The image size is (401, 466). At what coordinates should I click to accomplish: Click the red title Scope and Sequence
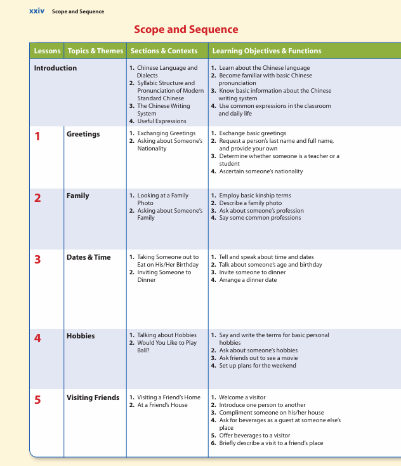(x=186, y=29)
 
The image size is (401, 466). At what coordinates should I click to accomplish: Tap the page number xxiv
(x=37, y=11)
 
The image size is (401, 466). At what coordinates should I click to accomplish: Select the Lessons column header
(x=47, y=51)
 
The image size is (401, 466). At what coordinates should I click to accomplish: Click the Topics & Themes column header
(x=95, y=51)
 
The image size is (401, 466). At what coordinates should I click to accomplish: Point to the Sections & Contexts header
(x=164, y=51)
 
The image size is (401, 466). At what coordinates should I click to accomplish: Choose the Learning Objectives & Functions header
(x=266, y=51)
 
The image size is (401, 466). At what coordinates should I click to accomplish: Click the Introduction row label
(x=55, y=68)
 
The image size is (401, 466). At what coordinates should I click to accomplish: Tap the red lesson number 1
(x=37, y=135)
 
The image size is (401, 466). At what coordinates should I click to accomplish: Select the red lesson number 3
(x=37, y=259)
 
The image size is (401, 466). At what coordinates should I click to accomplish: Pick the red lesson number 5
(x=37, y=399)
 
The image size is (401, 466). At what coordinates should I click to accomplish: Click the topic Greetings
(x=83, y=134)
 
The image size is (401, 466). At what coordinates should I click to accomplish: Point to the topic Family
(x=77, y=196)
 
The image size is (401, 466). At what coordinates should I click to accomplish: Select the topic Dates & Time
(x=88, y=257)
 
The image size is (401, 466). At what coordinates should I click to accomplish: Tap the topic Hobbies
(x=81, y=335)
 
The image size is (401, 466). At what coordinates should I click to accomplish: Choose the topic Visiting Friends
(x=93, y=397)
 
